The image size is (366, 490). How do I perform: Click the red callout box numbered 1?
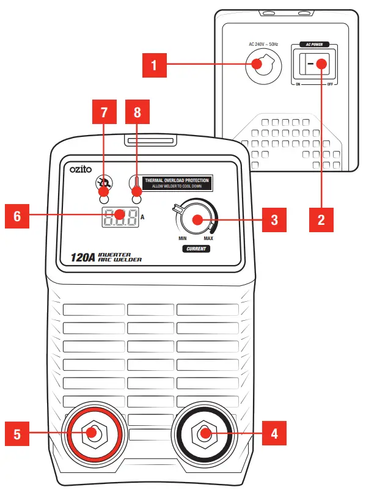click(155, 65)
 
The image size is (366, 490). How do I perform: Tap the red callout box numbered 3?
click(273, 219)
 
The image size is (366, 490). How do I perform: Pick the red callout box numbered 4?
click(273, 433)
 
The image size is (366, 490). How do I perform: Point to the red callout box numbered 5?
click(16, 433)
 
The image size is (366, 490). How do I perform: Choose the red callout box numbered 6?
click(16, 216)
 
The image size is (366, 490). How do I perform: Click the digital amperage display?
click(119, 216)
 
